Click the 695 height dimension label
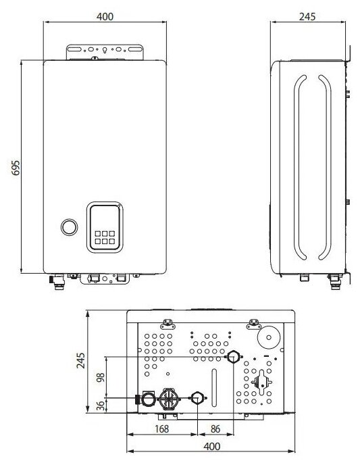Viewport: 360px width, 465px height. (x=16, y=168)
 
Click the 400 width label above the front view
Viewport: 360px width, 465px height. (x=105, y=17)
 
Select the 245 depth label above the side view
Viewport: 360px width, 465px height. (x=307, y=17)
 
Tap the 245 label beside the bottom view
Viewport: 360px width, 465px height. (x=80, y=360)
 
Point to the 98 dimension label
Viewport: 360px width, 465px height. (x=101, y=377)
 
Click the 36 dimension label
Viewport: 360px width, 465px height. (x=101, y=406)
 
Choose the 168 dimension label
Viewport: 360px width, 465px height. (x=162, y=429)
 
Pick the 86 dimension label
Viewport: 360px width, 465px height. (x=215, y=429)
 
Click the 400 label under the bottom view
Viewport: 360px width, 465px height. (x=212, y=446)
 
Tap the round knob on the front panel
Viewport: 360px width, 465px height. (x=70, y=228)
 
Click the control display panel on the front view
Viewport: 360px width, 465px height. (x=105, y=228)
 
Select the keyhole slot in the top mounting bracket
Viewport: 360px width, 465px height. (x=105, y=50)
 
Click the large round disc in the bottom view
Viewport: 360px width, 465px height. (x=268, y=337)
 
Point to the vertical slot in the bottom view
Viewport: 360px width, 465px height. (x=214, y=387)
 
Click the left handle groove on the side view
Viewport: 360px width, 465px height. (x=300, y=168)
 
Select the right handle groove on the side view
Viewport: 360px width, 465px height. (x=325, y=168)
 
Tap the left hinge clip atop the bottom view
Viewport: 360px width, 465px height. (x=168, y=324)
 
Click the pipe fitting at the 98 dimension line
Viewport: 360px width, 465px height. (x=233, y=356)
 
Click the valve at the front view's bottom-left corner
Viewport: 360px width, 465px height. (x=57, y=281)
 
